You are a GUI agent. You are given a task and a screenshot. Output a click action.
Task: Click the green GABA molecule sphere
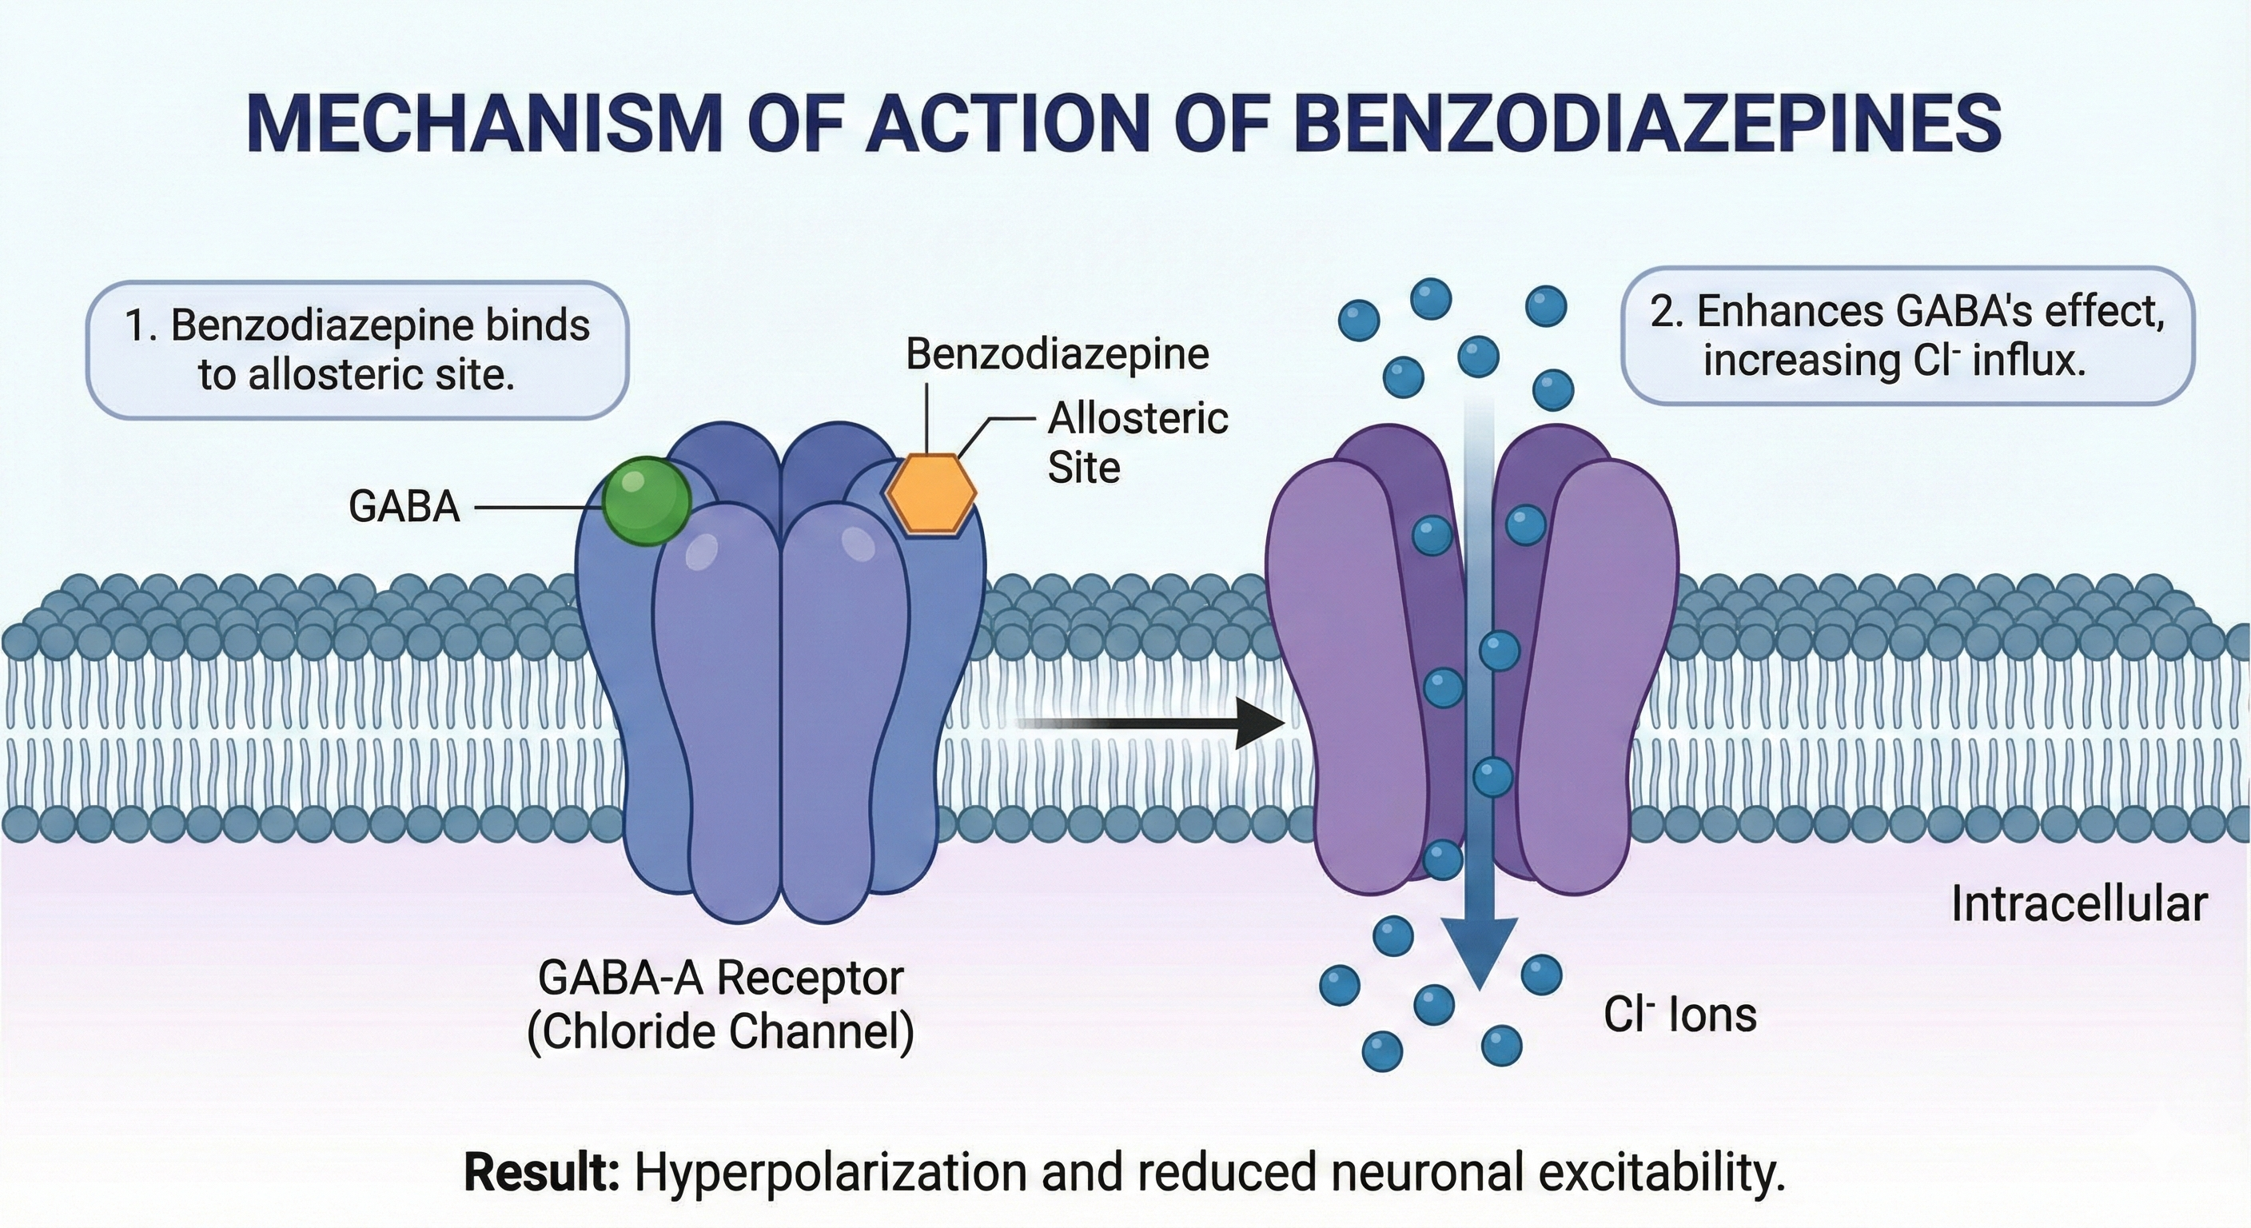tap(647, 500)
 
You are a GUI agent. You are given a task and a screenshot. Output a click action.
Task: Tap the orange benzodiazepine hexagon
tap(930, 493)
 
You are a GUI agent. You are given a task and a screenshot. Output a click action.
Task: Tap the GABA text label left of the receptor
tap(404, 506)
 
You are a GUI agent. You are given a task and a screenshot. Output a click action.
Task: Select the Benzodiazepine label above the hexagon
tap(1057, 354)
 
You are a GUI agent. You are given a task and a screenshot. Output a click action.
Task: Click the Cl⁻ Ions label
tap(1679, 1015)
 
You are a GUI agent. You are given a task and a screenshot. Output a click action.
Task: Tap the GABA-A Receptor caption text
tap(720, 978)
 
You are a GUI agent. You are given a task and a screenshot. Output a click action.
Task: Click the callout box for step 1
tap(357, 349)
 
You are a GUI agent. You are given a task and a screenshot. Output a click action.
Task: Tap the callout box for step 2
tap(1906, 337)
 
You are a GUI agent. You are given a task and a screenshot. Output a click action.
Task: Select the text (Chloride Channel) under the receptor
tap(720, 1031)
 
